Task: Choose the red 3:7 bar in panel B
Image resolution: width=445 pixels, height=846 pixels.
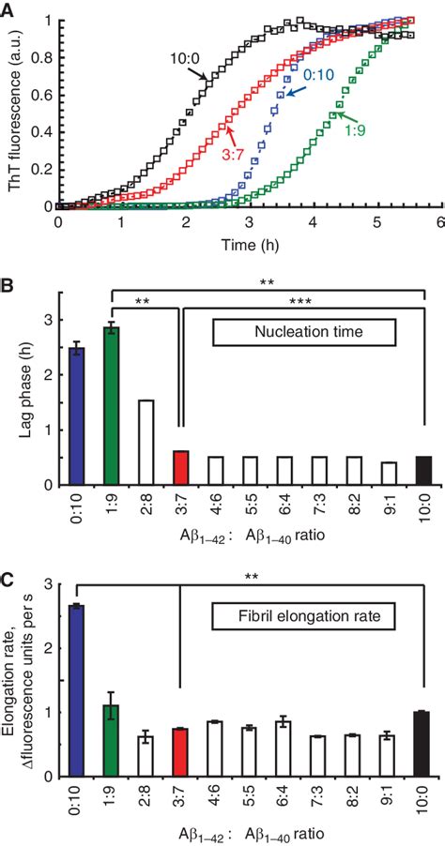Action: point(179,467)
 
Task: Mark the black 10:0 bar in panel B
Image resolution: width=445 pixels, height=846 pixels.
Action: point(422,470)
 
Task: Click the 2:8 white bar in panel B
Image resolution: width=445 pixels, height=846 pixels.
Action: point(145,442)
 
